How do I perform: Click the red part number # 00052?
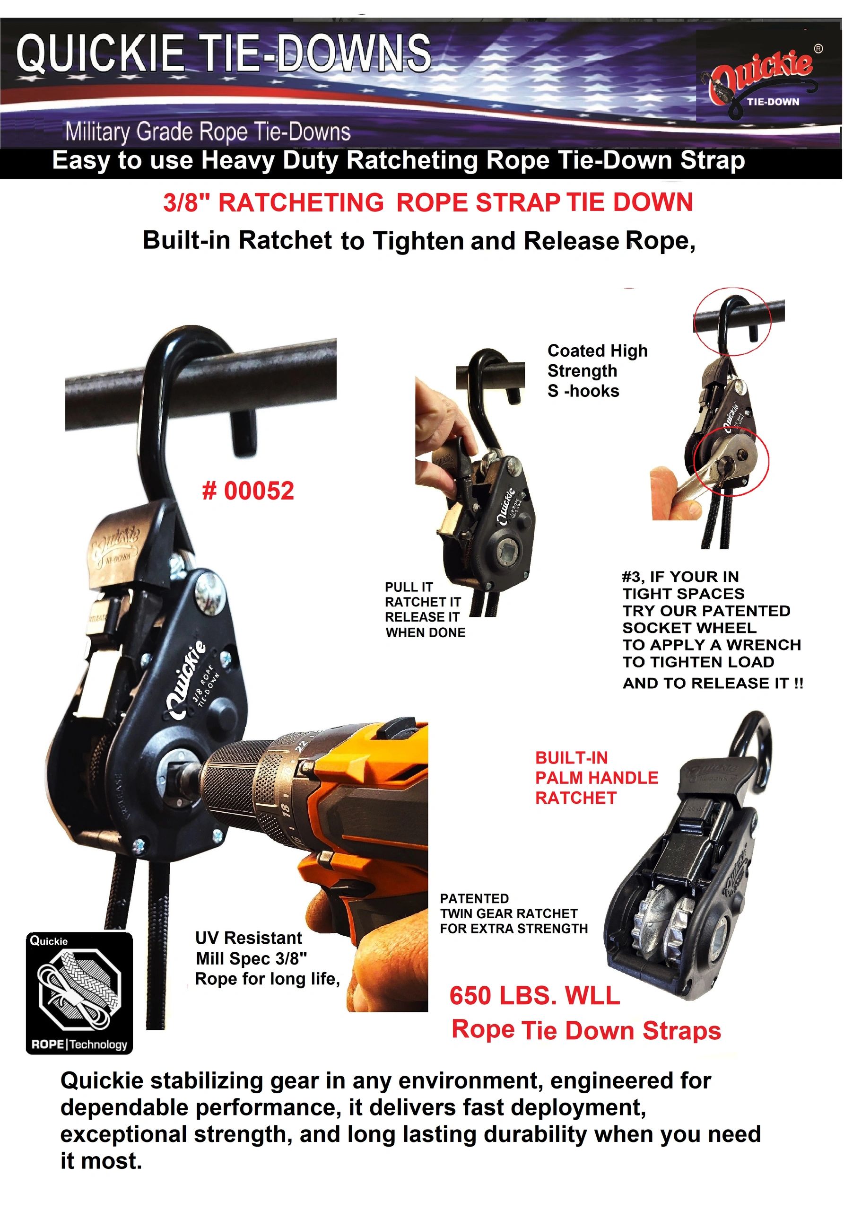tap(248, 491)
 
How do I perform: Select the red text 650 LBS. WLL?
tap(535, 996)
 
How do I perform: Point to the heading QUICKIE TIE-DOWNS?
tap(224, 53)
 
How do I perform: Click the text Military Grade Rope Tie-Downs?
tap(208, 132)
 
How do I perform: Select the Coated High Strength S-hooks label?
tap(597, 371)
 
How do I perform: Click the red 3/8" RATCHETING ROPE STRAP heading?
tap(428, 203)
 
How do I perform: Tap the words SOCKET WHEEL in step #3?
tap(689, 628)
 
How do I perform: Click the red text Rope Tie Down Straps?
tap(586, 1030)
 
